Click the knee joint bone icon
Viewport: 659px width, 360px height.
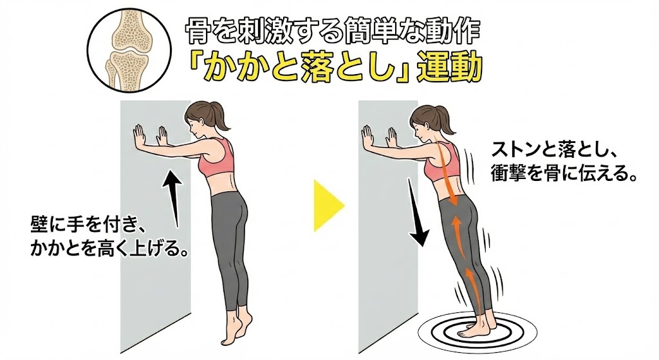pyautogui.click(x=130, y=47)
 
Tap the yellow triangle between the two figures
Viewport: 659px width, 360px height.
pyautogui.click(x=329, y=205)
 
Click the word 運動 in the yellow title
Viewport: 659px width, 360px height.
pyautogui.click(x=448, y=68)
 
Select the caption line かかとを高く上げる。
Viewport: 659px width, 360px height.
pyautogui.click(x=108, y=248)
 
